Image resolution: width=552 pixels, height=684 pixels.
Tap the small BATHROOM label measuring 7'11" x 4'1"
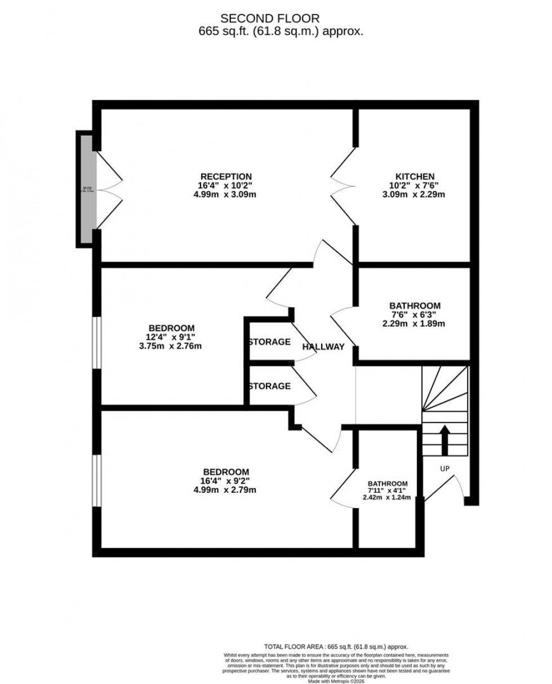tap(388, 483)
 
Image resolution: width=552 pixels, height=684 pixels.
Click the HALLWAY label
tap(323, 346)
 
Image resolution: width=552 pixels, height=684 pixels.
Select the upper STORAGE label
tap(270, 341)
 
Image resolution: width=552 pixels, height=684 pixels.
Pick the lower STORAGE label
tap(270, 386)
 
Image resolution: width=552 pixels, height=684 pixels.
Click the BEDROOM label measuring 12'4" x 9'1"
tap(172, 328)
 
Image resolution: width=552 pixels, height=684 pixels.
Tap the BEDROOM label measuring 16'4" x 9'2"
tap(226, 471)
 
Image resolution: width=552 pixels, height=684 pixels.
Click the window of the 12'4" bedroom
tap(97, 343)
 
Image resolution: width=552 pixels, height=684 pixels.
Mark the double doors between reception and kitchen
tap(344, 189)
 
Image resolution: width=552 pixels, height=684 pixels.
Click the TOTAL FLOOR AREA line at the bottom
tap(336, 647)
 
